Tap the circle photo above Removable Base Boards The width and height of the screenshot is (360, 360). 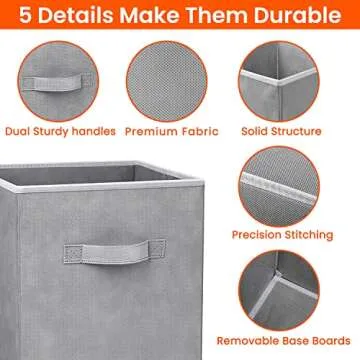coord(281,292)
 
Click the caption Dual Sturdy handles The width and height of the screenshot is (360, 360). coord(60,131)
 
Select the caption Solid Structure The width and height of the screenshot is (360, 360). coord(281,131)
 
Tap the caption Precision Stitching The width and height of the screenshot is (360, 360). coord(282,235)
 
